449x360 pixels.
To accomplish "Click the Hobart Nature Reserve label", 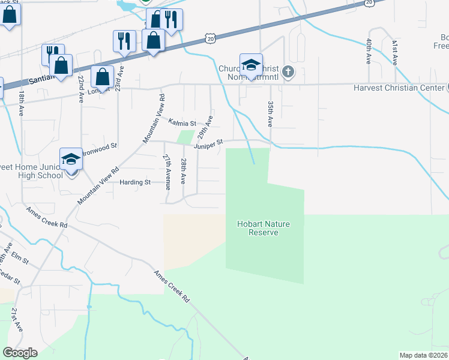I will (x=264, y=228).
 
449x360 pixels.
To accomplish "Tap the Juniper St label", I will (x=208, y=143).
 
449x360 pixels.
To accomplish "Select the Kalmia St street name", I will (x=182, y=122).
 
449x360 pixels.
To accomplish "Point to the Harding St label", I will (x=134, y=182).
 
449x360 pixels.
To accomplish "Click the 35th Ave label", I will (x=270, y=113).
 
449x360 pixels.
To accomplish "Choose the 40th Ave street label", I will (x=369, y=53).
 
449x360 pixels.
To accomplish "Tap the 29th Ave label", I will (x=205, y=126).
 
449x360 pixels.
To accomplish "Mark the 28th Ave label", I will (x=184, y=171).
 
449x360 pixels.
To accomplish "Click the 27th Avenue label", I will (x=167, y=170).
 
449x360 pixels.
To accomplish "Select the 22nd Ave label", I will (x=80, y=89).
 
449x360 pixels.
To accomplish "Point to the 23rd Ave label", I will (x=121, y=79).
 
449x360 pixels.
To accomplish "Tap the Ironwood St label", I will (x=100, y=146).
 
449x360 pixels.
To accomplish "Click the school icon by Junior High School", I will (x=71, y=160).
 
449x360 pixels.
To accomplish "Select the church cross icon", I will (x=288, y=73).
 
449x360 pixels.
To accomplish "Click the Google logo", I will (x=20, y=353).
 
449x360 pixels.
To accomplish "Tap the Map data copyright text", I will (x=423, y=355).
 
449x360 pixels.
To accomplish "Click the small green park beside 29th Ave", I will (x=187, y=137).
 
